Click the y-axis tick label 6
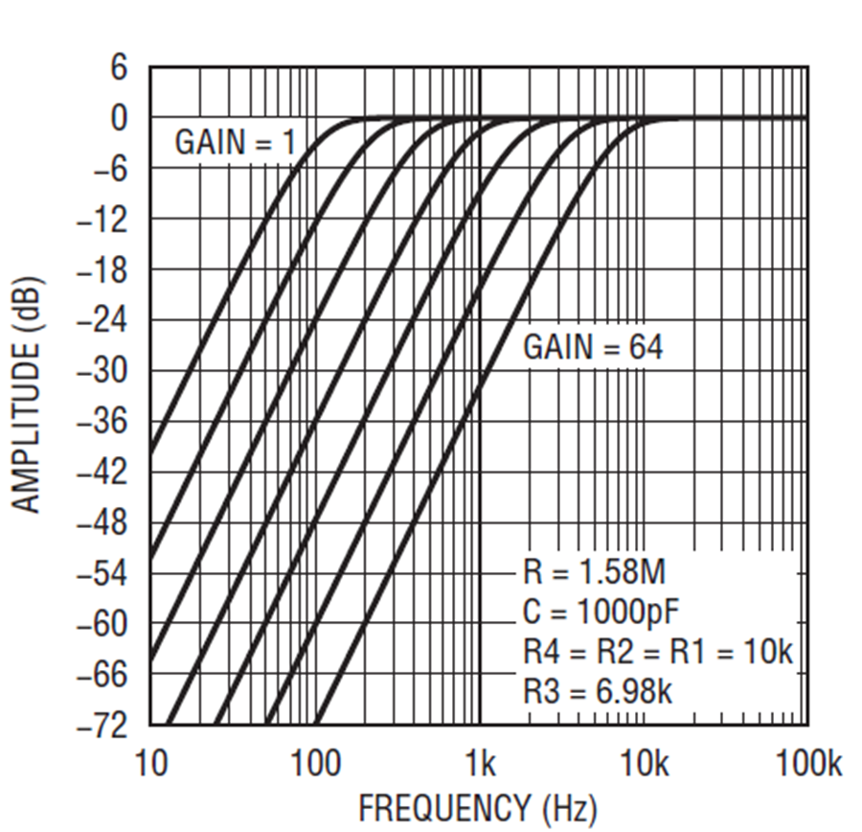coord(118,69)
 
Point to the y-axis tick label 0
coord(118,120)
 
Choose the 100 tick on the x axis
coord(315,765)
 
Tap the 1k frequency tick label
coord(480,765)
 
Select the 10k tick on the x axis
coord(645,765)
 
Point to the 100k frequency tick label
coord(807,765)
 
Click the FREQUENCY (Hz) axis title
coord(477,808)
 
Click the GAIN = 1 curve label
coord(236,144)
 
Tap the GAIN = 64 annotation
coord(592,348)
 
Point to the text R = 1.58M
coord(594,573)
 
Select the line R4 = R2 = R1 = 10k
coord(658,653)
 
